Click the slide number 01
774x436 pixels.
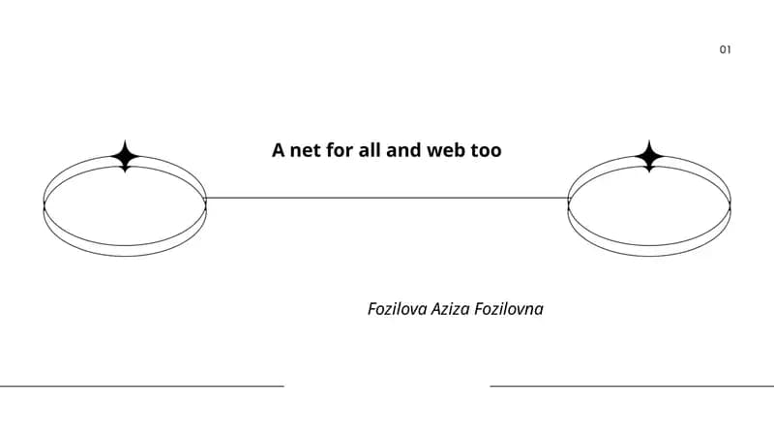725,49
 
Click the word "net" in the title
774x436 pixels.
305,150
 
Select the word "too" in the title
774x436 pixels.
486,150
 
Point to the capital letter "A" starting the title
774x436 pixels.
279,150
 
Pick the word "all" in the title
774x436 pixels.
370,150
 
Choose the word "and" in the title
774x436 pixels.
403,150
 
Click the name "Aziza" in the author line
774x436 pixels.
450,309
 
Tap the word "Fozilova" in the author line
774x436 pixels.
398,309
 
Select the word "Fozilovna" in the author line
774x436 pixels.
509,309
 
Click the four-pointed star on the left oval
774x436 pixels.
126,156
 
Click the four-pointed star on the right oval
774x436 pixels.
649,156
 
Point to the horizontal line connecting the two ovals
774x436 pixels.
387,199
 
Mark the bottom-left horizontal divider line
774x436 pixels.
142,386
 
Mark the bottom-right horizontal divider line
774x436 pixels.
632,386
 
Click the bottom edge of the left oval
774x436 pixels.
125,256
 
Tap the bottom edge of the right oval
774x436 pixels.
649,256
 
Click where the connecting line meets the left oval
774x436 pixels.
205,199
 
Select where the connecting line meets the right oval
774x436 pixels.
569,199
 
